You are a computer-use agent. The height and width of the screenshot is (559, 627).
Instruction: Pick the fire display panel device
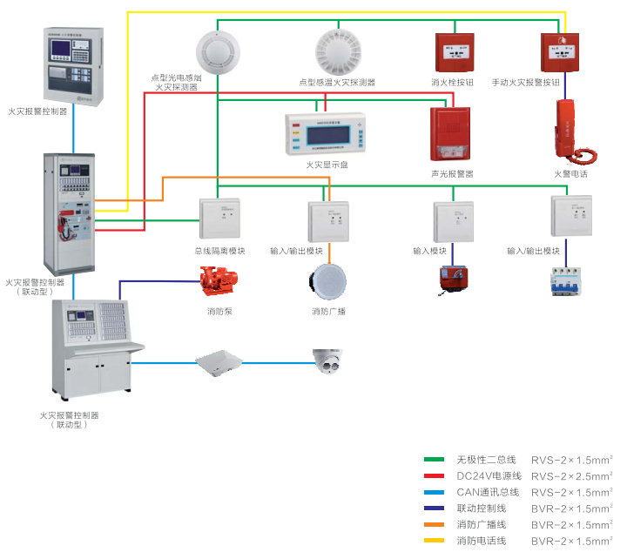pyautogui.click(x=322, y=134)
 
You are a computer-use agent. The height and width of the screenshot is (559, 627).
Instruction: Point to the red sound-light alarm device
pyautogui.click(x=451, y=133)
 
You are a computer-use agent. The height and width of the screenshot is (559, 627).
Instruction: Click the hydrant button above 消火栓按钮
pyautogui.click(x=453, y=52)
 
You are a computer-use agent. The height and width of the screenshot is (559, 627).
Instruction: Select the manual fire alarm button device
pyautogui.click(x=559, y=52)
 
